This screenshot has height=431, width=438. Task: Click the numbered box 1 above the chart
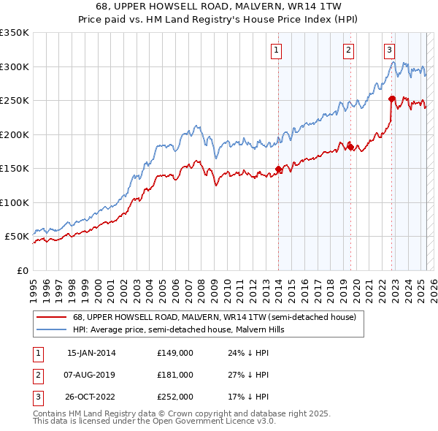[278, 50]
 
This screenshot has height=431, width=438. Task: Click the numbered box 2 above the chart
[349, 50]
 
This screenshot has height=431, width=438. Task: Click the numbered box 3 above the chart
[390, 50]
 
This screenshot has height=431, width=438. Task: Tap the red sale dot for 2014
[278, 169]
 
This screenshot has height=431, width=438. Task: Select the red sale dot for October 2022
[392, 99]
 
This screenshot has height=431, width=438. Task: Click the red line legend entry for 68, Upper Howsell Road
[214, 317]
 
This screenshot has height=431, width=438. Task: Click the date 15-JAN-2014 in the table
[91, 353]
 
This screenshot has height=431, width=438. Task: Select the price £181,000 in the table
[175, 375]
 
